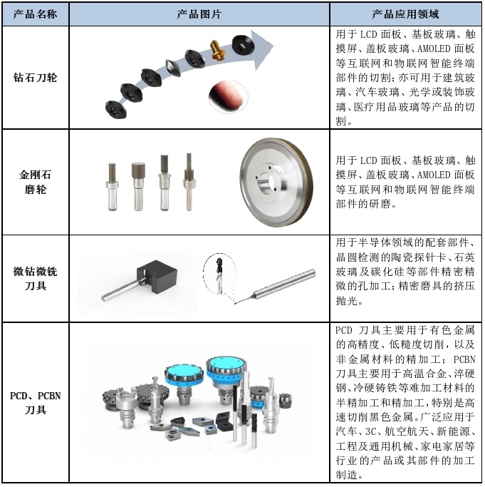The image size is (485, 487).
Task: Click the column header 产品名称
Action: click(35, 14)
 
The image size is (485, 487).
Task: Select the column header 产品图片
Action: click(199, 14)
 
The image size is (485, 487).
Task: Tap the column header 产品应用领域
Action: click(405, 14)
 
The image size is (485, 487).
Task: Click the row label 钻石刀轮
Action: click(35, 77)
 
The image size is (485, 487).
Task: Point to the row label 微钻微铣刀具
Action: click(35, 278)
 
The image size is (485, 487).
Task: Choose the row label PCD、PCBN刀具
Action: click(35, 403)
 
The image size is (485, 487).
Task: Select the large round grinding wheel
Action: click(276, 183)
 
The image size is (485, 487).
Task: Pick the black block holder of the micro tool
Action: click(157, 277)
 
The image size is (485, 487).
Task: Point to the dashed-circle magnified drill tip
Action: click(219, 273)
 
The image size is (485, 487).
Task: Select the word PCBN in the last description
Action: click(464, 359)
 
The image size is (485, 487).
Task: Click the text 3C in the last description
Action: click(370, 431)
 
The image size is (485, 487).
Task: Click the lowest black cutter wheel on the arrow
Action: click(116, 110)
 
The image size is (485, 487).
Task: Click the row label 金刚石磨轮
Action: click(35, 182)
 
